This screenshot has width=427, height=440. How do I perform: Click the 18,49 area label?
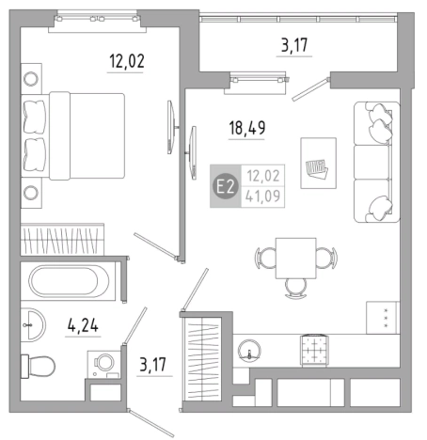(247, 128)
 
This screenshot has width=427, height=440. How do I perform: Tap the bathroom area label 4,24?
(83, 325)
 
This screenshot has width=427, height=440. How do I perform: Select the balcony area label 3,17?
(294, 45)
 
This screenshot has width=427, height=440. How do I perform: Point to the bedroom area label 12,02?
(127, 61)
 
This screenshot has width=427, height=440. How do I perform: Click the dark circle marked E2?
(226, 186)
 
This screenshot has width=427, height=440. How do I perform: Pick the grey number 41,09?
(262, 196)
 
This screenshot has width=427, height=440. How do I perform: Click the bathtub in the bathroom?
(69, 281)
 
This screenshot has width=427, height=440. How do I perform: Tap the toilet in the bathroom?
(38, 366)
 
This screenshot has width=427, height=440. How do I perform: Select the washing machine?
(104, 365)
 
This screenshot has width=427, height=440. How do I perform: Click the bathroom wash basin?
(34, 324)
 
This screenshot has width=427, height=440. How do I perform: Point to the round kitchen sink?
(249, 350)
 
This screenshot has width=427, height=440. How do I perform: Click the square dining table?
(295, 258)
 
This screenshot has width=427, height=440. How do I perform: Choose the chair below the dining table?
(295, 289)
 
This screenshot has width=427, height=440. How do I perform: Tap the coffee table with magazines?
(318, 163)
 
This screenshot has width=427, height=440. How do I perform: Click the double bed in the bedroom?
(73, 135)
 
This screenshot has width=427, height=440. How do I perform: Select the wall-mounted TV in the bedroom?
(171, 127)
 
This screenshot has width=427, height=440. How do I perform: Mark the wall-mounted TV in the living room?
(193, 153)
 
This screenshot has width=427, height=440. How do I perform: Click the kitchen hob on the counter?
(314, 350)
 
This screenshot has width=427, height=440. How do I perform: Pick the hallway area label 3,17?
(153, 365)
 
